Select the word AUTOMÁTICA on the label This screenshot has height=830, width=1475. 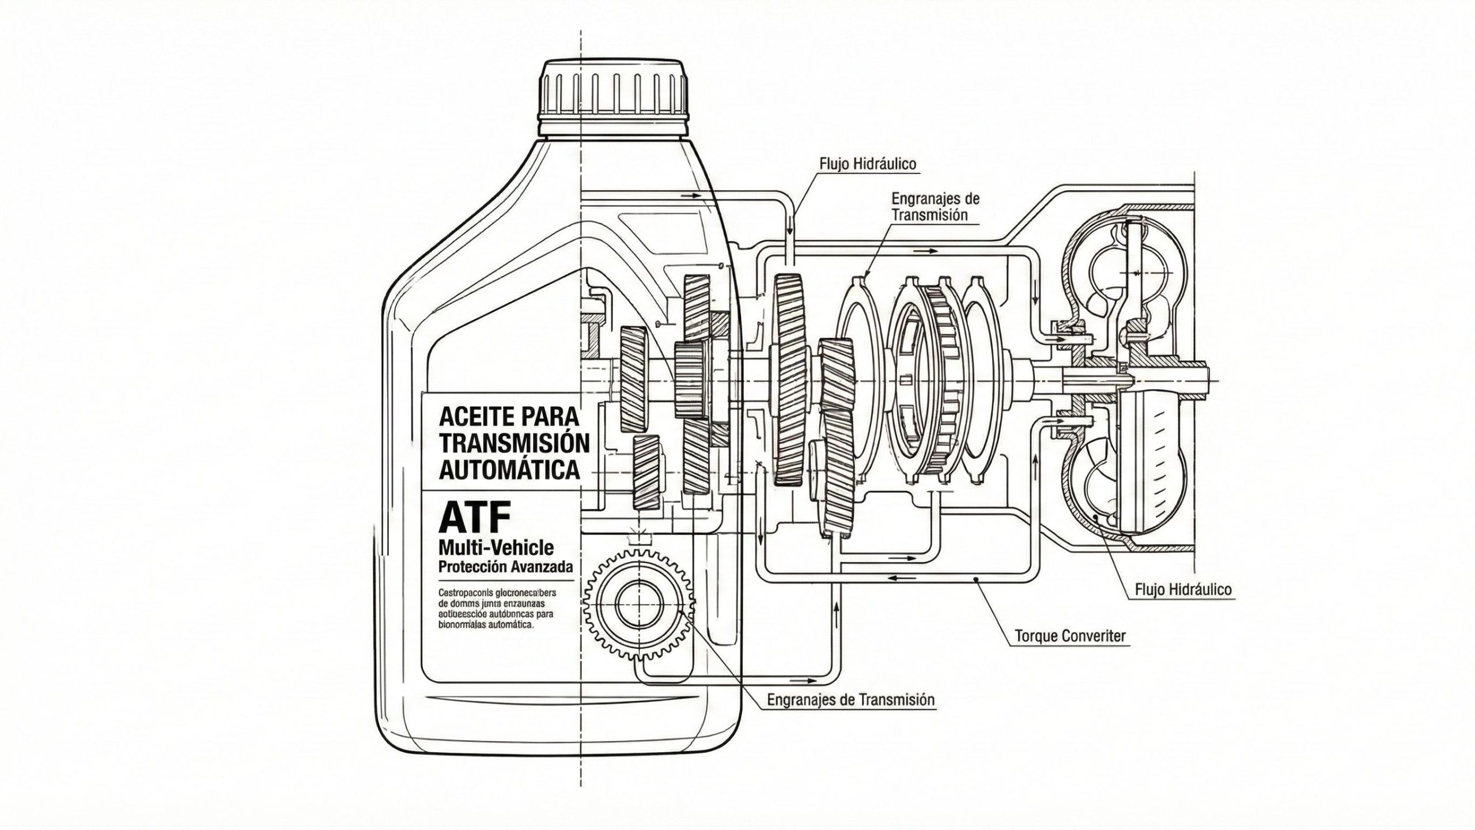[509, 470]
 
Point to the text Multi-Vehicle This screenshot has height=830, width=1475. [496, 547]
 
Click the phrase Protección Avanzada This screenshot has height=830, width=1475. [506, 567]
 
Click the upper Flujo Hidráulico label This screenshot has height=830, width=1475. [868, 164]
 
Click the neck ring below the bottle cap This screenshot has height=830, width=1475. [615, 129]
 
